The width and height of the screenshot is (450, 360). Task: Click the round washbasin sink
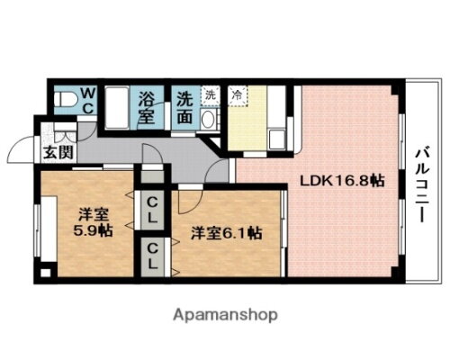[x=208, y=121]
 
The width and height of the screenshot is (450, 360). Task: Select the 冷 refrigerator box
[x=237, y=94]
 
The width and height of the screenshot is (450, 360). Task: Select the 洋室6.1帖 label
[x=225, y=232]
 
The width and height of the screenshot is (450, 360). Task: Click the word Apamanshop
[x=224, y=315]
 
